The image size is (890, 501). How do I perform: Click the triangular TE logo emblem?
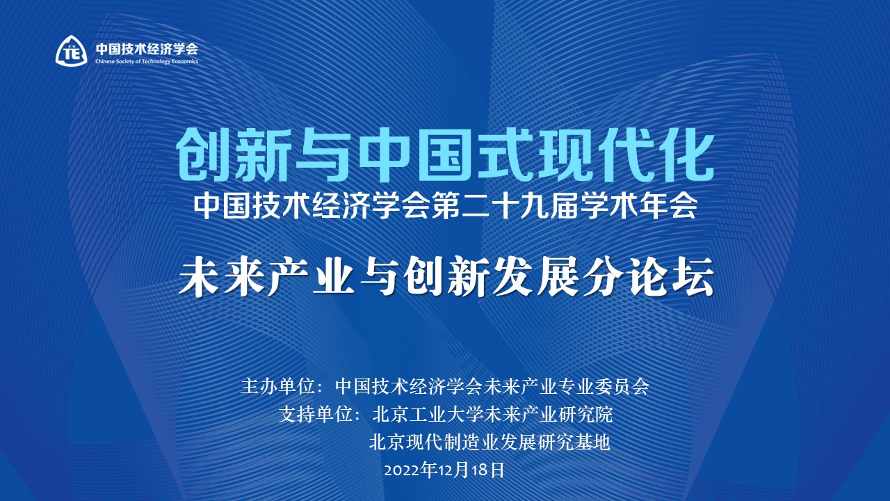pyautogui.click(x=72, y=50)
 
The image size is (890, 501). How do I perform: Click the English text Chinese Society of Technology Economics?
pyautogui.click(x=147, y=61)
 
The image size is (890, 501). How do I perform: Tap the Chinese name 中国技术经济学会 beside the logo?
pyautogui.click(x=147, y=49)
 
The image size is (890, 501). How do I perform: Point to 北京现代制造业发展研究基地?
pyautogui.click(x=489, y=442)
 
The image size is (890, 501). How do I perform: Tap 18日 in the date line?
pyautogui.click(x=489, y=470)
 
